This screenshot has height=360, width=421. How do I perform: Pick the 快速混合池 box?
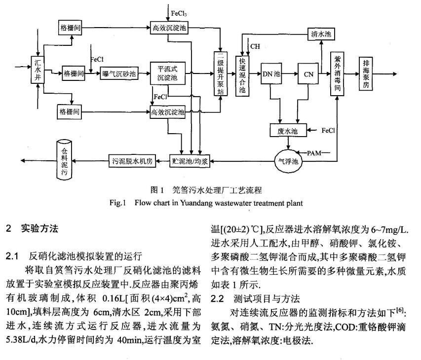(242, 73)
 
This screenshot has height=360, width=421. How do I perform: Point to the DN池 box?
(270, 74)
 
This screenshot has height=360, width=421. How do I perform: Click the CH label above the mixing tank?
(255, 46)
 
